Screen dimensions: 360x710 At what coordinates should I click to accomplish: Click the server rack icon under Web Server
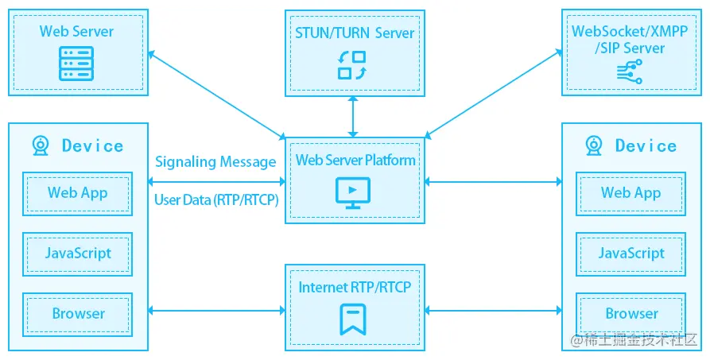tap(76, 64)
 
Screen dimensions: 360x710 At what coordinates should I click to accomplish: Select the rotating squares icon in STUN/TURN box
tap(351, 65)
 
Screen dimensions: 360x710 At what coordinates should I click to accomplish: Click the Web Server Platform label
tap(355, 161)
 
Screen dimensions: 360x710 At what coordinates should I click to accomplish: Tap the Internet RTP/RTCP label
tap(355, 287)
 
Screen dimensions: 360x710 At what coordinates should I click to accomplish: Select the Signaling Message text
tap(215, 162)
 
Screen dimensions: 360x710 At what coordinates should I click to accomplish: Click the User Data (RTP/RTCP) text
tap(215, 200)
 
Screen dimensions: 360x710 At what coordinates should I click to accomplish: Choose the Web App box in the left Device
tap(78, 192)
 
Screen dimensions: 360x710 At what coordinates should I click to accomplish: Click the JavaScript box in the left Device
tap(78, 254)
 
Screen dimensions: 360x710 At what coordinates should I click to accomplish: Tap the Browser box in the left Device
tap(78, 313)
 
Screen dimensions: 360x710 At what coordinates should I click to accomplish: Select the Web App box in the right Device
tap(631, 192)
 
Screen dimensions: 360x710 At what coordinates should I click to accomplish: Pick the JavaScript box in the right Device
tap(631, 254)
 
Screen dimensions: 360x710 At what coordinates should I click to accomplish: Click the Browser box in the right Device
tap(631, 313)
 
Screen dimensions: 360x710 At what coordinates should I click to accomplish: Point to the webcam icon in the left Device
tap(41, 145)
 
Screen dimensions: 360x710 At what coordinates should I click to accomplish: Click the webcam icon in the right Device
tap(593, 145)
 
